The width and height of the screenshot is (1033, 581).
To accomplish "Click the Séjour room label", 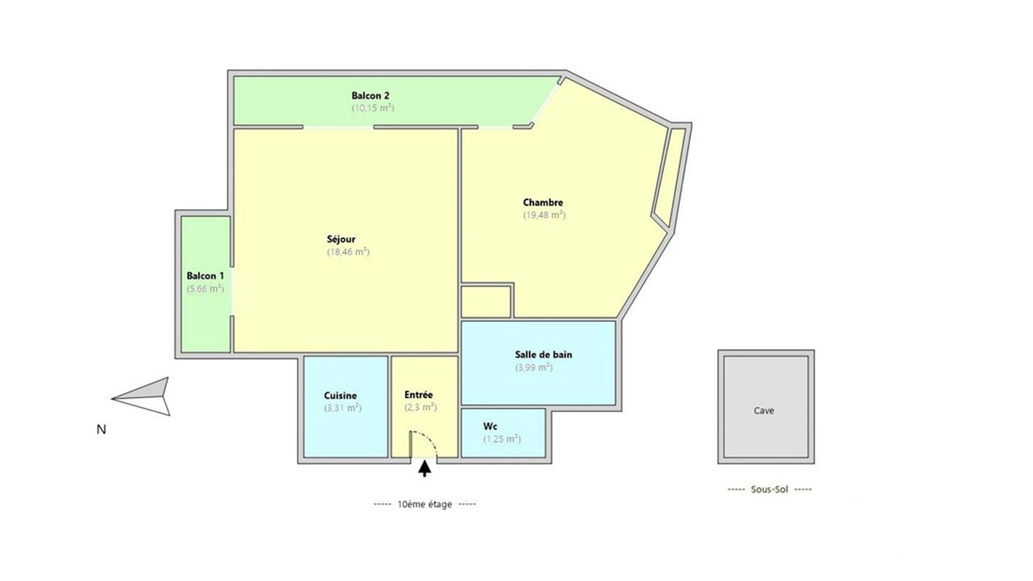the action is pos(341,240).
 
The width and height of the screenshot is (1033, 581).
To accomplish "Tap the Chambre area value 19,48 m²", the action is pos(544,215).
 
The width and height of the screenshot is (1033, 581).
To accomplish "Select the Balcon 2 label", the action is pos(370,95).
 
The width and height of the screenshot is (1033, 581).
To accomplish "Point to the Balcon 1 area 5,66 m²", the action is pos(205,289).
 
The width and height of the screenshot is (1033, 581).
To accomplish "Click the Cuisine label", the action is pos(341,395).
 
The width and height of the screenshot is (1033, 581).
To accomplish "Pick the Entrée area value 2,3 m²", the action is pos(420,408).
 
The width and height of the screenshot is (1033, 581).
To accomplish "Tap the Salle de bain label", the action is pos(544,354).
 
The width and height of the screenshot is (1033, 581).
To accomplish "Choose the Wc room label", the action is pos(490,426).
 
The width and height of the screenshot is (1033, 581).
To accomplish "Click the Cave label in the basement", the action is pos(763,411).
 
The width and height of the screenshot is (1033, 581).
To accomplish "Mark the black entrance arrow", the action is pos(424,468).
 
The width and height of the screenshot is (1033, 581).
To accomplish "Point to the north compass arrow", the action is pos(141,396).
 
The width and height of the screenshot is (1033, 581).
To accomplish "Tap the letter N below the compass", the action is pos(101,429).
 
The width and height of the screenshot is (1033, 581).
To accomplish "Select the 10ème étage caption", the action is pos(424,504).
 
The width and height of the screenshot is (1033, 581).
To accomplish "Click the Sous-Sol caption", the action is pos(769,489).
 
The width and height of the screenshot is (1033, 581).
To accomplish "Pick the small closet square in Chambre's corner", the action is pos(486,302).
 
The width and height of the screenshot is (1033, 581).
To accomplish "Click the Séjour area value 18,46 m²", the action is pos(348,252).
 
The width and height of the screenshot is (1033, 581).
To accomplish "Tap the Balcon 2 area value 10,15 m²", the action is pos(373,108).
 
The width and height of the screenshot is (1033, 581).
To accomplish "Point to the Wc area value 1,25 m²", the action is pos(502,439).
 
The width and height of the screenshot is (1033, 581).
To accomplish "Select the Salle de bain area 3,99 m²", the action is pos(533,367).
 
